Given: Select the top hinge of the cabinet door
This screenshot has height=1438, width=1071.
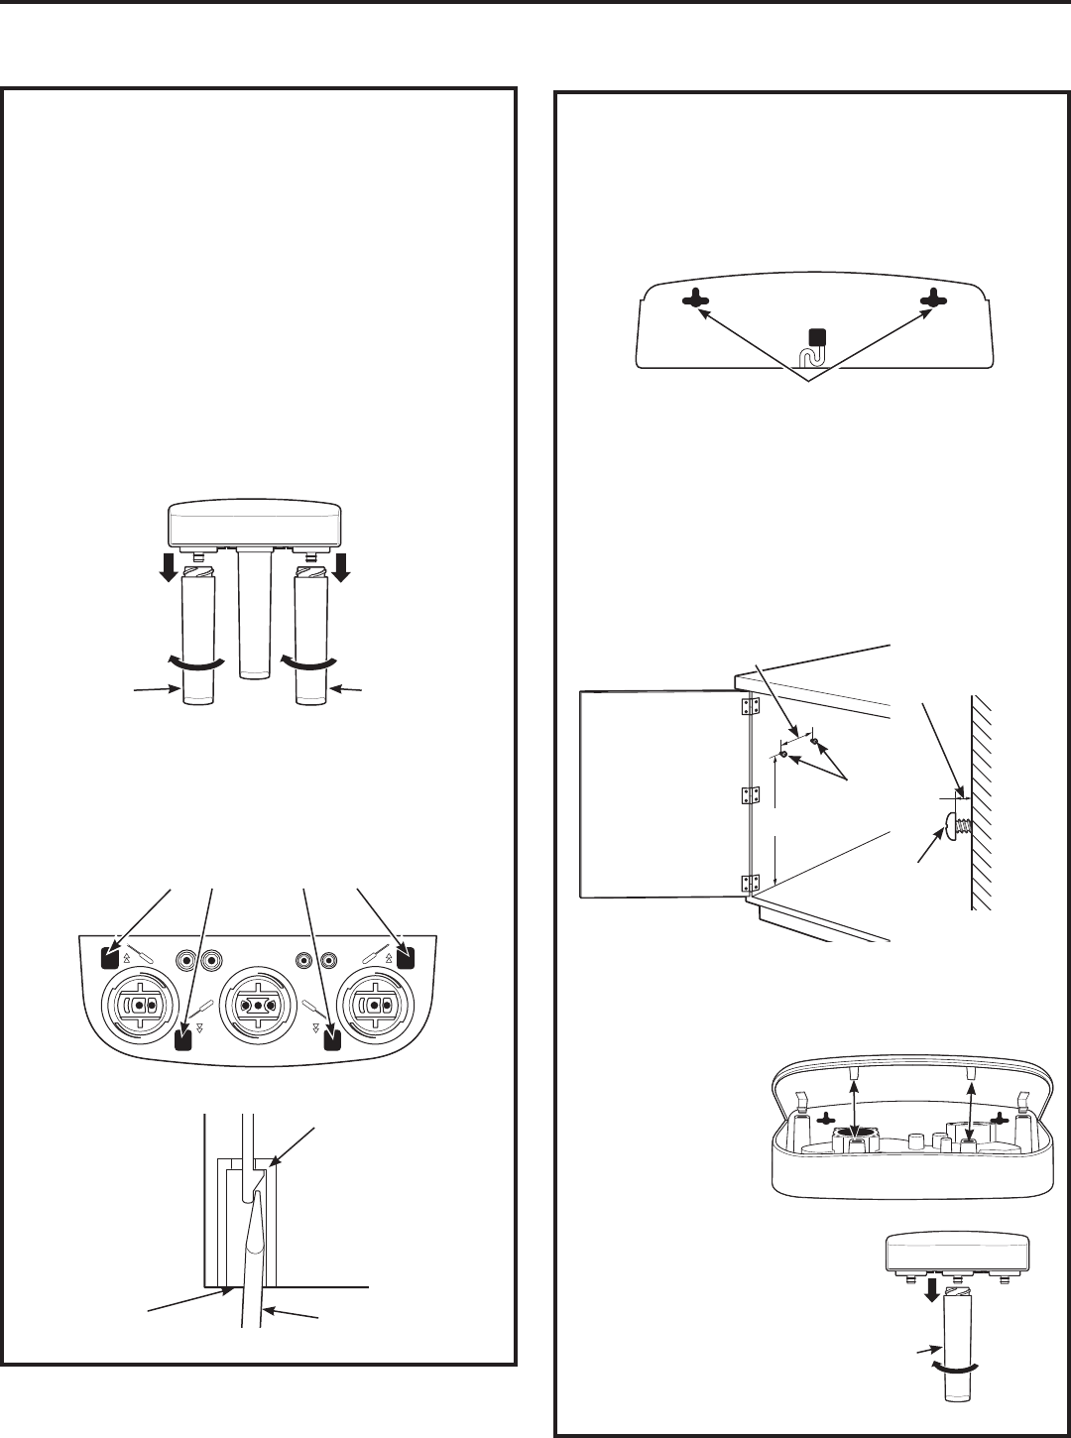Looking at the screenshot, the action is [x=751, y=706].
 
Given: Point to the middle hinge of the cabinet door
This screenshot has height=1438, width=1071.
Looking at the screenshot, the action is [x=751, y=795].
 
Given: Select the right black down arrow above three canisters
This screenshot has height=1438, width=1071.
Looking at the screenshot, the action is [x=343, y=567].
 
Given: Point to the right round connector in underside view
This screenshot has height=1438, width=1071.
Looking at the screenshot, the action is [x=375, y=1004].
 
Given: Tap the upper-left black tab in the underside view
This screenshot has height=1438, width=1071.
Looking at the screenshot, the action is [x=112, y=957].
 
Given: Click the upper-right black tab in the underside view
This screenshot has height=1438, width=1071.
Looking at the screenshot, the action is [x=405, y=957].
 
